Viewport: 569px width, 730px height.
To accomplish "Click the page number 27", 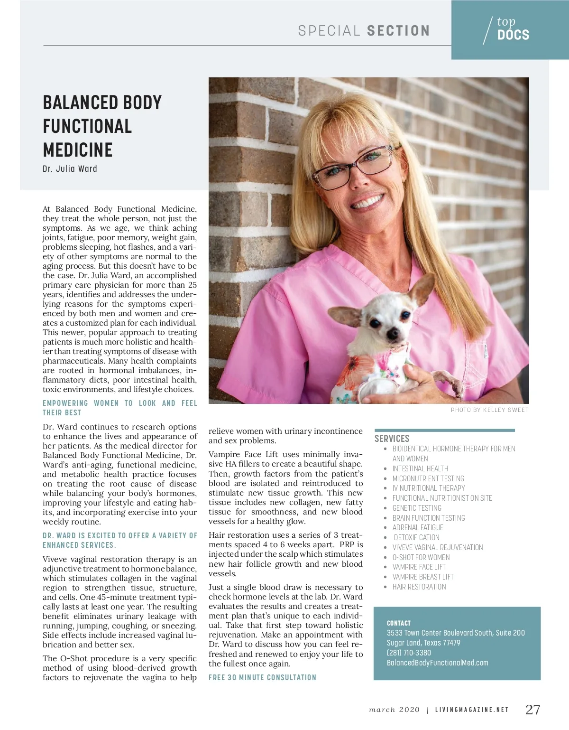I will [x=533, y=710].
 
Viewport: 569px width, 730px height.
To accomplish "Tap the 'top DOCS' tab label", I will [x=513, y=29].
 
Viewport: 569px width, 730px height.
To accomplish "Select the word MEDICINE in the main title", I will [x=78, y=150].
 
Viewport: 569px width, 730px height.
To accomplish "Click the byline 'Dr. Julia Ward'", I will [x=70, y=169].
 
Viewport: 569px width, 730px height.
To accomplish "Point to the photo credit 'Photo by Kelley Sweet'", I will [x=489, y=410].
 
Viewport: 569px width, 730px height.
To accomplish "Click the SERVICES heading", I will [x=392, y=439].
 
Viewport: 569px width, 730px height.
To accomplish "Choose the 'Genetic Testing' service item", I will [x=417, y=508].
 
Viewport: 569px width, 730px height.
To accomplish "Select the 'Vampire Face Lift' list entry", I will [x=419, y=567].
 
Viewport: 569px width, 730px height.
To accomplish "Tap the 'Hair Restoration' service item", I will [x=419, y=587].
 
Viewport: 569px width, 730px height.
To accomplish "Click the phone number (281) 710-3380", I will [x=409, y=653].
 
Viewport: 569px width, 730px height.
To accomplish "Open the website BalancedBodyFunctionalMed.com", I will [x=437, y=663].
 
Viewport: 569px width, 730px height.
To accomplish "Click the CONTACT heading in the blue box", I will [x=398, y=623].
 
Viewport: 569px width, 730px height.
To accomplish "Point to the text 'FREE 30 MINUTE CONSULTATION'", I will [x=262, y=677].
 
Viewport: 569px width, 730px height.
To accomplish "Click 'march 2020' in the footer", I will [x=394, y=710].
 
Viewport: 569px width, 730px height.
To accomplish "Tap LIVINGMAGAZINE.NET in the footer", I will [x=472, y=710].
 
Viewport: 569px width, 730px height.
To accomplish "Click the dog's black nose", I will [x=393, y=335].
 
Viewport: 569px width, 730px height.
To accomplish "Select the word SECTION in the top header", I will [x=398, y=31].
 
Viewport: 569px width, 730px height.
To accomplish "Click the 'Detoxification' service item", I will [x=416, y=537].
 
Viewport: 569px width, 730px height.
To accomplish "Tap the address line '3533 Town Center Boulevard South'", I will [x=455, y=633].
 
